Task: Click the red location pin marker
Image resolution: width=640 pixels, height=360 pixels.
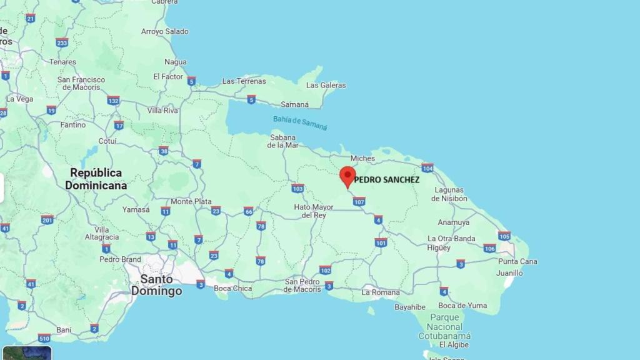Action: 347,176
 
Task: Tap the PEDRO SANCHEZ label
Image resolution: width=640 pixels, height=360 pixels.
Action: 387,180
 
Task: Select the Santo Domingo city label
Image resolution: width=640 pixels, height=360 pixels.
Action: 156,285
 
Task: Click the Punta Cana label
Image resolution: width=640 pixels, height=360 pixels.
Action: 517,261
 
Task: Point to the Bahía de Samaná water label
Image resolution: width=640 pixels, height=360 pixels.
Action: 300,122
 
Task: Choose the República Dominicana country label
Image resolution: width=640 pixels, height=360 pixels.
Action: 96,179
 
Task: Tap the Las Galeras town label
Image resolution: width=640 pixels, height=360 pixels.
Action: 326,85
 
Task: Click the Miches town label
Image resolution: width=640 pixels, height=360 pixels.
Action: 362,159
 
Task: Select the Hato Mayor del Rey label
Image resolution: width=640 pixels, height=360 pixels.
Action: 314,211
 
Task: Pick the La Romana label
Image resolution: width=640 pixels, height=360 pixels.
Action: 381,292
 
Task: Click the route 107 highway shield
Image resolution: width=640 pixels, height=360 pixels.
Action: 359,201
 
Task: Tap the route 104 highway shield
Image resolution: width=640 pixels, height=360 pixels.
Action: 427,167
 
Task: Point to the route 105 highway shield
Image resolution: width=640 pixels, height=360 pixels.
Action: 504,236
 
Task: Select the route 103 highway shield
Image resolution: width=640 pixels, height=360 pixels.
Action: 297,187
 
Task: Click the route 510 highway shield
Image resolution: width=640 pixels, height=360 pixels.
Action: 44,338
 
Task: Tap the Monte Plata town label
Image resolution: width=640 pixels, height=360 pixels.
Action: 191,201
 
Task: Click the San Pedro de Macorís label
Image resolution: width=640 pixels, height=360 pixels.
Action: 303,285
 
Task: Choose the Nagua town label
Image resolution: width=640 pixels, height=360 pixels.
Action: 176,62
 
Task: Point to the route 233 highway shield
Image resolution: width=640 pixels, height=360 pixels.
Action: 61,42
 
